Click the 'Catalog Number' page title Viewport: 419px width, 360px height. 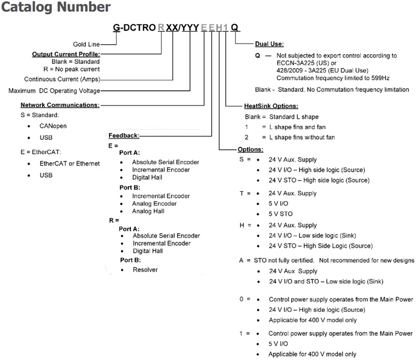pos(55,8)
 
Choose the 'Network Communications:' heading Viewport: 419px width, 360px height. pos(60,105)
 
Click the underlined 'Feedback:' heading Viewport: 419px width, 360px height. pos(123,136)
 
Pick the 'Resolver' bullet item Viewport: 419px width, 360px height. pos(145,269)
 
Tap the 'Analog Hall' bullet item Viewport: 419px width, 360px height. pos(148,211)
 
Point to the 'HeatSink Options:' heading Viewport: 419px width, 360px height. pos(270,106)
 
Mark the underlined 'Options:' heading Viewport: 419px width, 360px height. pos(250,149)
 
